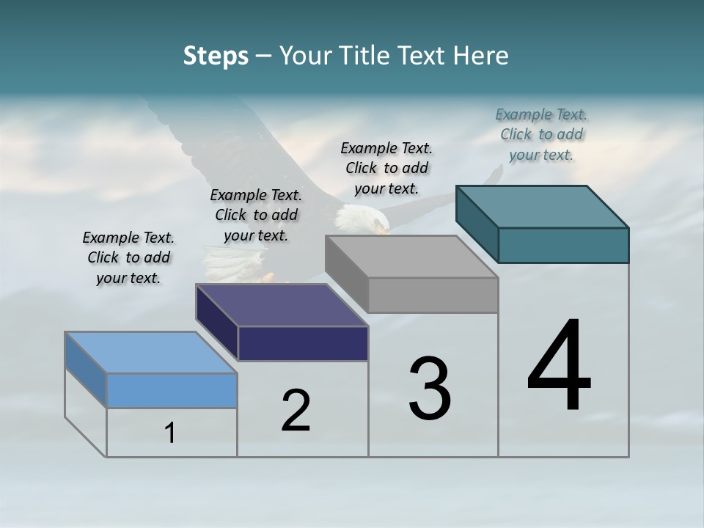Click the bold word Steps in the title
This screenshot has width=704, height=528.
tap(216, 56)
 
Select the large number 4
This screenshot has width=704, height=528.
tap(559, 366)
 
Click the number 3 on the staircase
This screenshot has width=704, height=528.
tap(430, 389)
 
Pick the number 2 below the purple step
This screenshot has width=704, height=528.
tap(296, 411)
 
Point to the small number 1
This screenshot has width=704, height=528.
tap(170, 433)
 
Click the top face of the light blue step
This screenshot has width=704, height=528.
tap(151, 353)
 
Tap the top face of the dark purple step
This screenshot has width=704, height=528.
tap(282, 305)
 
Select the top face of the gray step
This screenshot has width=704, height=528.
tap(411, 257)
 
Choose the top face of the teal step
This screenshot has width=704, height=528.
tap(542, 207)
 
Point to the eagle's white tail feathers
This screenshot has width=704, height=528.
tap(227, 264)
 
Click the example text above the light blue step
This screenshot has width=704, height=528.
tap(128, 258)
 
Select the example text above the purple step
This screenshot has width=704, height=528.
tap(256, 216)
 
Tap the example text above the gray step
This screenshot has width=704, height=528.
tap(386, 169)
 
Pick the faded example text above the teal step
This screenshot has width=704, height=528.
tap(541, 135)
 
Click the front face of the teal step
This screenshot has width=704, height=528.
tap(563, 245)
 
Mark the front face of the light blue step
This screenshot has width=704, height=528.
tap(172, 390)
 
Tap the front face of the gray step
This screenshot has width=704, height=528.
tap(433, 295)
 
